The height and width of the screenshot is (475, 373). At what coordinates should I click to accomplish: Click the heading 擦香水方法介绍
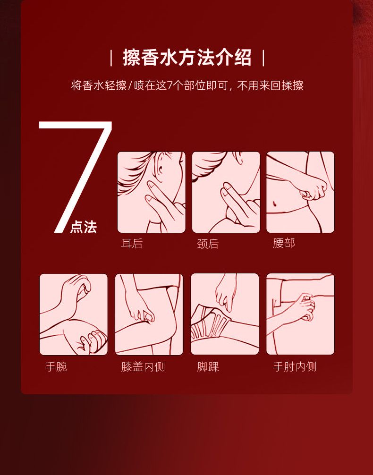click(x=187, y=57)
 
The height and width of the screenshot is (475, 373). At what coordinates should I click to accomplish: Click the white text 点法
click(x=83, y=227)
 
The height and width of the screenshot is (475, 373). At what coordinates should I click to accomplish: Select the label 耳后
click(x=132, y=244)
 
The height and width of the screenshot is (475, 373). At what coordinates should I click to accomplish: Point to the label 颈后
click(x=208, y=244)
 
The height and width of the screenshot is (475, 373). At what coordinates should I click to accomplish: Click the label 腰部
click(x=284, y=243)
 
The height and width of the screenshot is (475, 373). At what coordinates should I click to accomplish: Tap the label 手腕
click(x=56, y=366)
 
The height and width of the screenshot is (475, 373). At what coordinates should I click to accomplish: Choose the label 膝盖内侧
click(x=143, y=366)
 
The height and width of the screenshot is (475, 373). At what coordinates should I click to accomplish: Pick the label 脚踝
click(x=208, y=366)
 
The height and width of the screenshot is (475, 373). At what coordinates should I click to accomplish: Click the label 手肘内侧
click(x=295, y=366)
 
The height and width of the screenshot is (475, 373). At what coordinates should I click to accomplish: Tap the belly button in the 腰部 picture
click(x=275, y=203)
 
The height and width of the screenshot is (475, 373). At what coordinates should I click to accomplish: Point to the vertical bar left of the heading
click(x=111, y=58)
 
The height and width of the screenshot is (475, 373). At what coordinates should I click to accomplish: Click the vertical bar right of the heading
click(x=263, y=58)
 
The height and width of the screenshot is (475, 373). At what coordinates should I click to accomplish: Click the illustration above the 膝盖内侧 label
click(x=149, y=314)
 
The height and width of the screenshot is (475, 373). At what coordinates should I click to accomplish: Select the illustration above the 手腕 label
click(x=74, y=314)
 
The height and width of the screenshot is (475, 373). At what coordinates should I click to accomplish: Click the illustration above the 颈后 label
click(x=226, y=192)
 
